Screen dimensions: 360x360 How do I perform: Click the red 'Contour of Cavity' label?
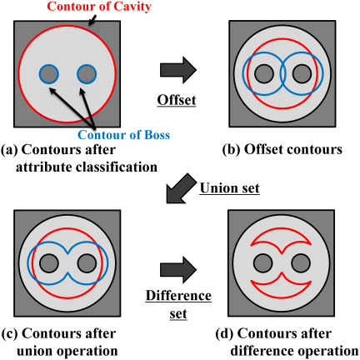pos(99,7)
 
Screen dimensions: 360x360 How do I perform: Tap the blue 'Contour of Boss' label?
pos(124,135)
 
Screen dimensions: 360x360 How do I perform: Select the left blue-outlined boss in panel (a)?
pos(49,74)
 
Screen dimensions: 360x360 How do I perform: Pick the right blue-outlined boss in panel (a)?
pos(87,74)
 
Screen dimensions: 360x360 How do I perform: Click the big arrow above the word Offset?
pos(178,70)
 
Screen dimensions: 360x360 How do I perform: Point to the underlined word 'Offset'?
pos(177,100)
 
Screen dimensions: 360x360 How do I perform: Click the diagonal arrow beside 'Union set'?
pos(181,188)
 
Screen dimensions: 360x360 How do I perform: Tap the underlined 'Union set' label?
pos(229,188)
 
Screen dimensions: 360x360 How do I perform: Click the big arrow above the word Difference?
pos(178,270)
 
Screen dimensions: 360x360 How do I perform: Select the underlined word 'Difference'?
pos(178,295)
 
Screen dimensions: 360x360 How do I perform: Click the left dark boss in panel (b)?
pos(264,74)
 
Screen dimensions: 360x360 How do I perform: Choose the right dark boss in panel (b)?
pos(302,74)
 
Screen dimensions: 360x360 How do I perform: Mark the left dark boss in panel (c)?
pos(49,263)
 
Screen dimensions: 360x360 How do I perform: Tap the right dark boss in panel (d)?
pos(301,263)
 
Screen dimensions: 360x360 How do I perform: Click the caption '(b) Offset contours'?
pos(282,149)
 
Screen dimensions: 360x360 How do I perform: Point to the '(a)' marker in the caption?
pos(10,150)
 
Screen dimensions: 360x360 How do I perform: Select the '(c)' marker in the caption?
pos(10,333)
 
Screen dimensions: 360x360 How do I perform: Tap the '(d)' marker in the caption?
pos(225,333)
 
